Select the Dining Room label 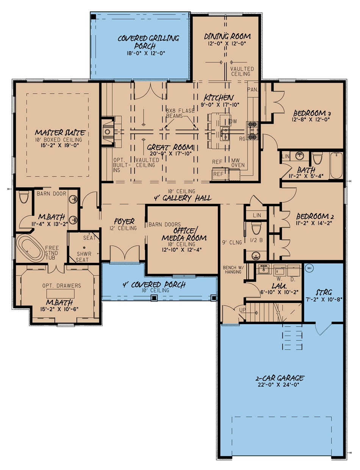[x=228, y=36]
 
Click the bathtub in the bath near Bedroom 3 [x=336, y=165]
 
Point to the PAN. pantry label [x=252, y=89]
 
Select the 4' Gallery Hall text [x=182, y=198]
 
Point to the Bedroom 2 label [x=315, y=216]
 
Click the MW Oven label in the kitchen [x=238, y=164]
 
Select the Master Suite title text [x=59, y=133]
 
